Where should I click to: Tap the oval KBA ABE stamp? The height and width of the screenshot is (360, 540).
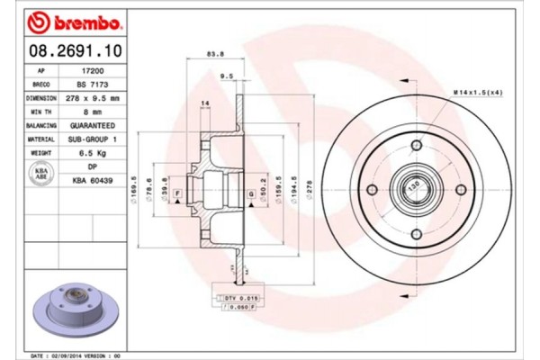point(40,174)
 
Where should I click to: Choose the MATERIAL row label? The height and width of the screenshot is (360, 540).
point(41,139)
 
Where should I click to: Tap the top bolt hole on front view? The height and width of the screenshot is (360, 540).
point(415,147)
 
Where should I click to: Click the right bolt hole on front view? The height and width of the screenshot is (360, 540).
point(457,190)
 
